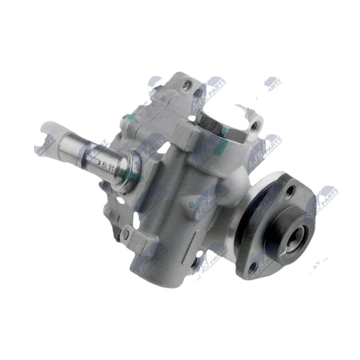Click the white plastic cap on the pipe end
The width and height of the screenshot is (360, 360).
pyautogui.click(x=50, y=131)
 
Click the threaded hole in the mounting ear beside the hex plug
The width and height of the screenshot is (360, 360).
pyautogui.click(x=255, y=124)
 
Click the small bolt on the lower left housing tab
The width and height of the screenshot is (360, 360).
pyautogui.click(x=126, y=234)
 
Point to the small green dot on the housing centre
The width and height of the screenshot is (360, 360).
pyautogui.click(x=192, y=205)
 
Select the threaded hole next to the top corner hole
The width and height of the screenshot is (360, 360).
pyautogui.click(x=197, y=94)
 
